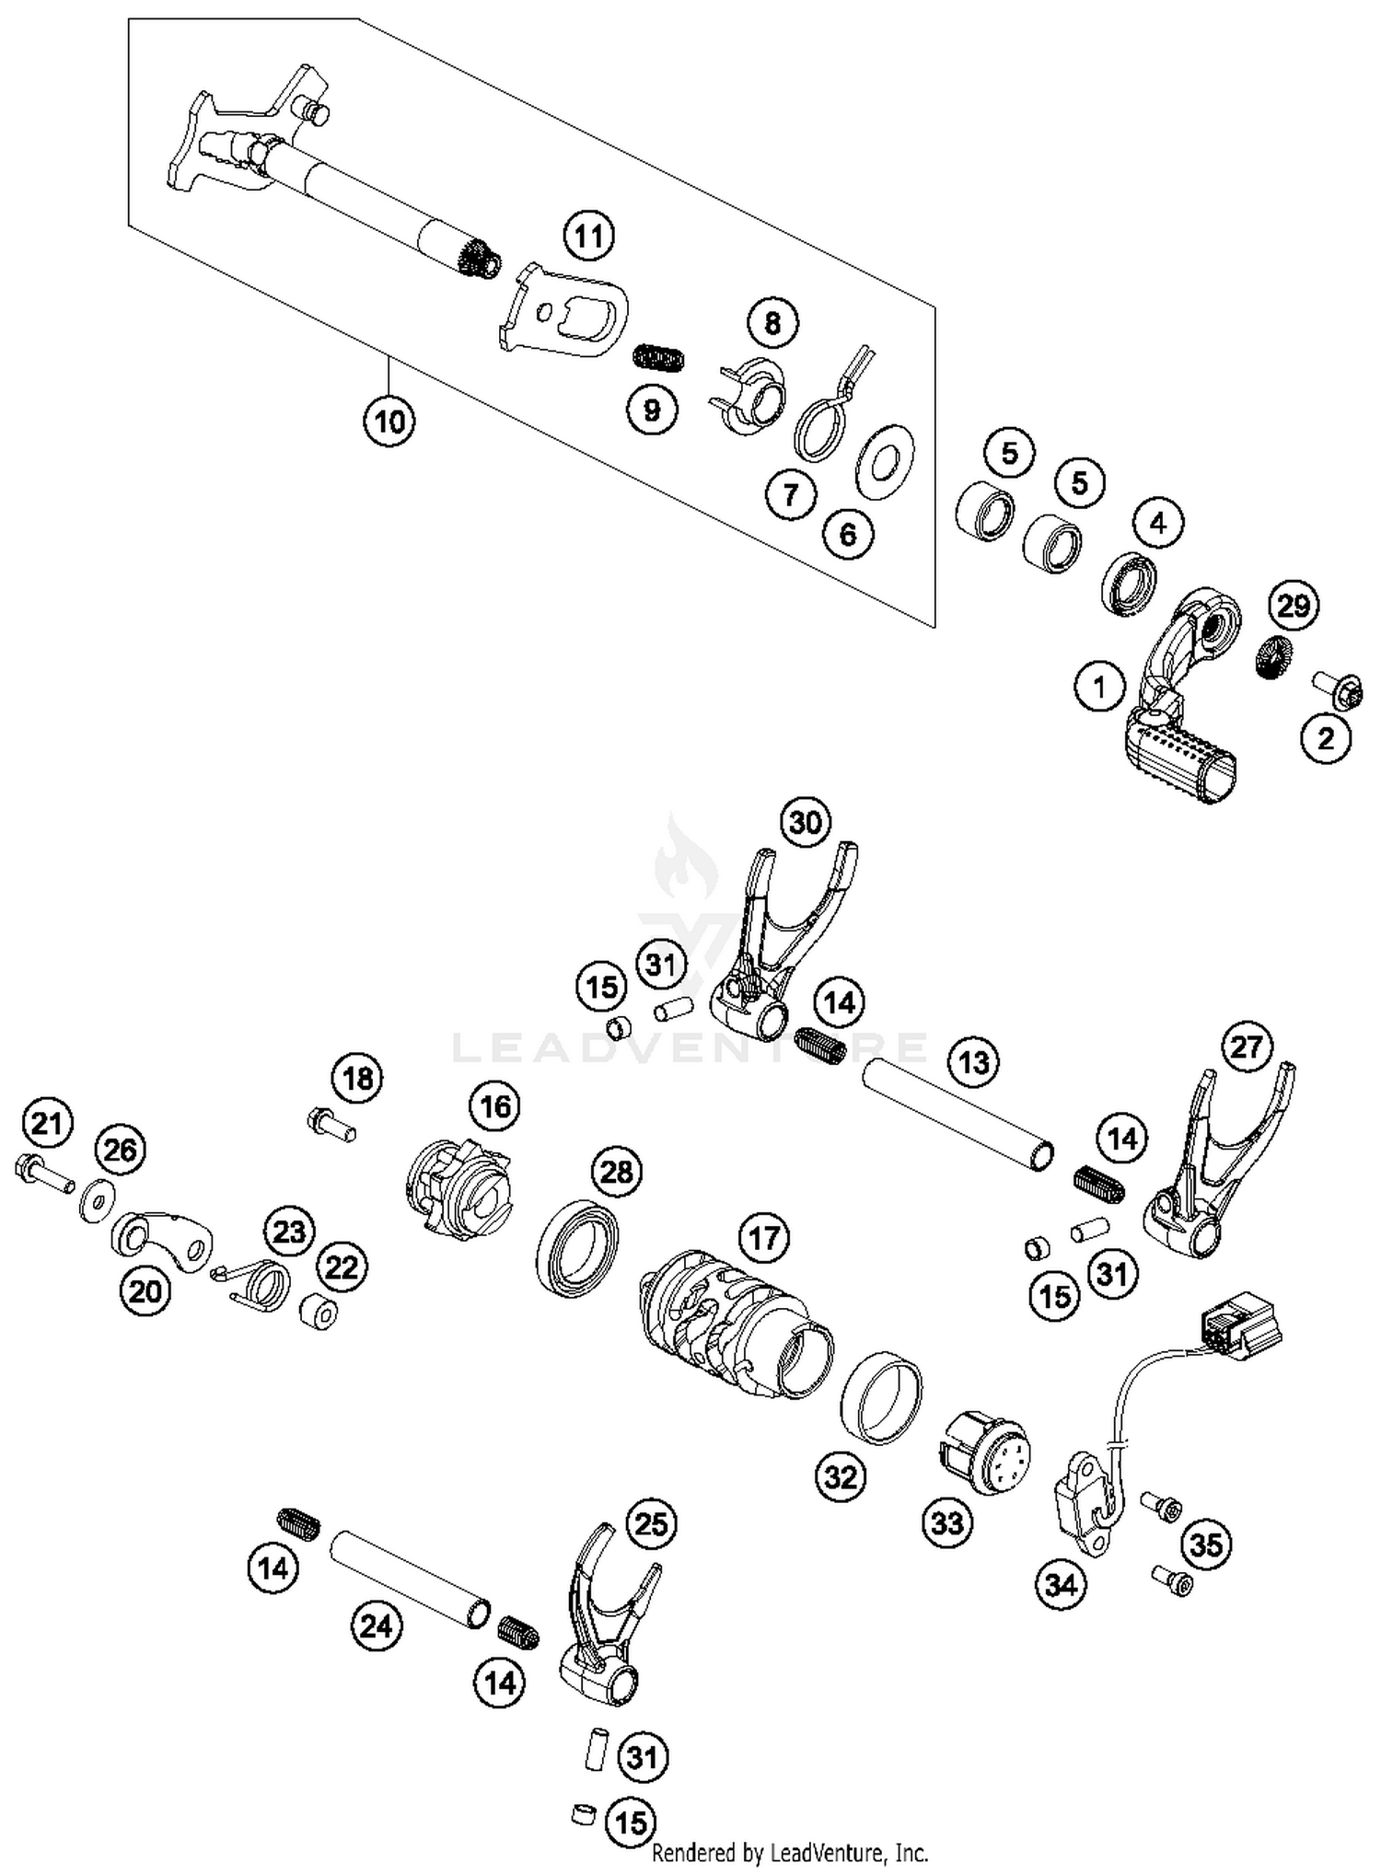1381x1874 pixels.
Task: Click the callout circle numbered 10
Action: tap(389, 422)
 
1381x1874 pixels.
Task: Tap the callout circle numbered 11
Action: tap(589, 237)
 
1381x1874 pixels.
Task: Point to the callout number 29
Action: tap(1294, 606)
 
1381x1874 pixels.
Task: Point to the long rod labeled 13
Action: tap(957, 1114)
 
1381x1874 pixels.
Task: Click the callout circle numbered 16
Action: tap(495, 1105)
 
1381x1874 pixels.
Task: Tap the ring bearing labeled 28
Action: tap(577, 1247)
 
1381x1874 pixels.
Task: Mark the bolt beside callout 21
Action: tap(44, 1174)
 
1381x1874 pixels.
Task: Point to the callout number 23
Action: tap(289, 1232)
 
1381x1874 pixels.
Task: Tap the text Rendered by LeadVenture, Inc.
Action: tap(790, 1852)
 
